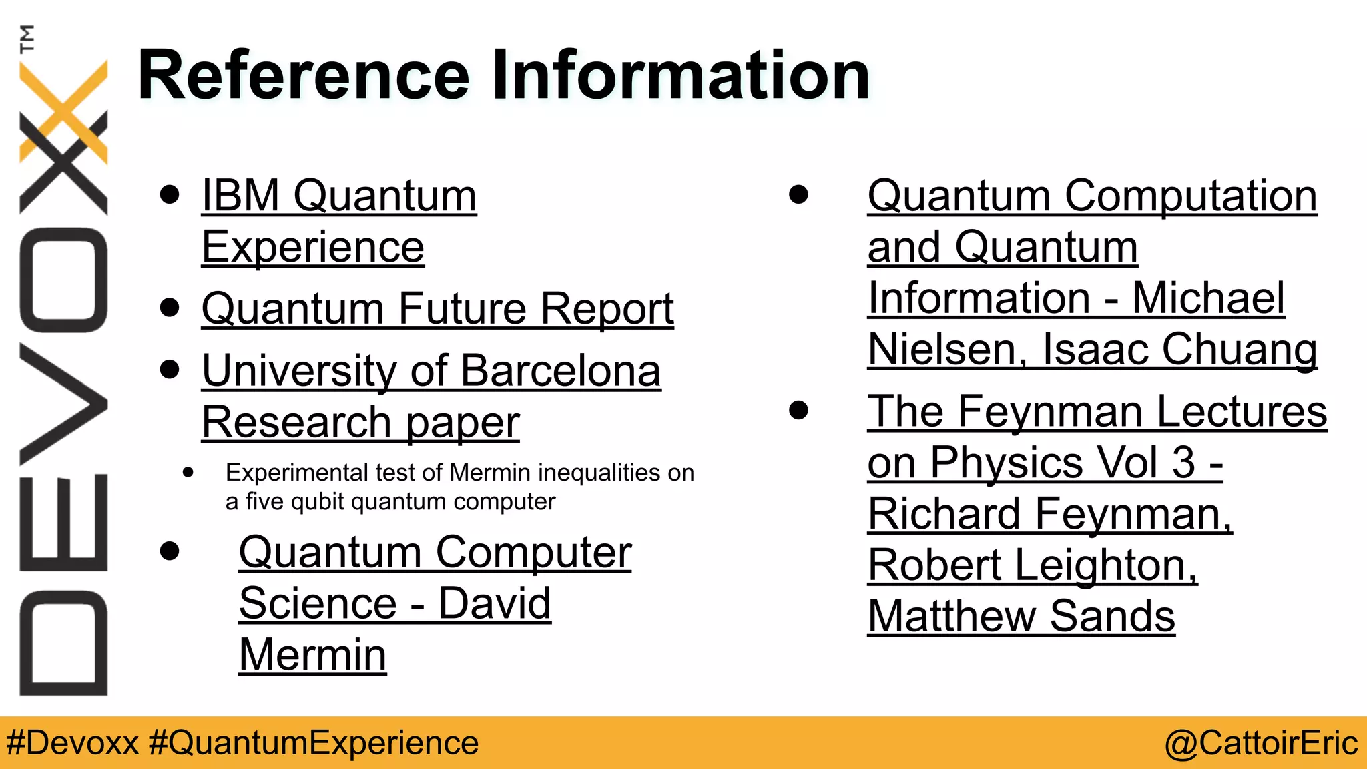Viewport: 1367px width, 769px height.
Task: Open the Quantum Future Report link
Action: tap(437, 309)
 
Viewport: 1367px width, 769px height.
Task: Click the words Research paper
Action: tap(360, 423)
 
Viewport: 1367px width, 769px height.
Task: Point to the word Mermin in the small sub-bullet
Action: tap(492, 473)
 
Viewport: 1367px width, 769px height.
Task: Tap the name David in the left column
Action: tap(495, 603)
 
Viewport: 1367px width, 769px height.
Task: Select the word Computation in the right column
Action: tap(1191, 196)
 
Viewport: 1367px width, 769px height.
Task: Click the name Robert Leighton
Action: tap(1033, 565)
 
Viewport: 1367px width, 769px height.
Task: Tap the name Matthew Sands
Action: tap(1021, 616)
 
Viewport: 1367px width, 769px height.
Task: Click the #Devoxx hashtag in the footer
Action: tap(72, 743)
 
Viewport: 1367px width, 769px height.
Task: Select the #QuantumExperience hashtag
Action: tap(314, 743)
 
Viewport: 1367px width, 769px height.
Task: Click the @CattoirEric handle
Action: tap(1261, 743)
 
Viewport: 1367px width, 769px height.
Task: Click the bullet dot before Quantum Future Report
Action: tap(170, 308)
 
